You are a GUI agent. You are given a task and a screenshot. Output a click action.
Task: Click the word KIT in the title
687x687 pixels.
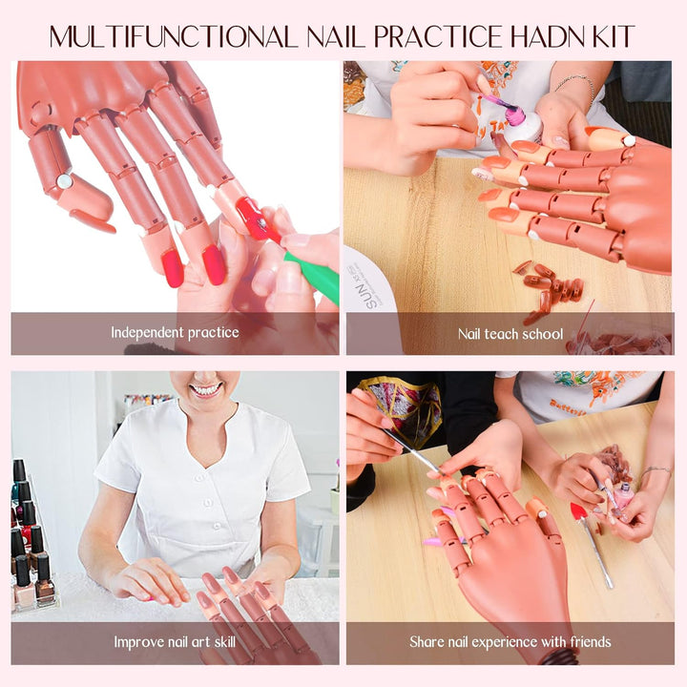[611, 36]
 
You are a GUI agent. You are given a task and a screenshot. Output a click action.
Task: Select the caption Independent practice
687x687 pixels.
[175, 333]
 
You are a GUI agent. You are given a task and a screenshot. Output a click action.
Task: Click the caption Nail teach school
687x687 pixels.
[510, 334]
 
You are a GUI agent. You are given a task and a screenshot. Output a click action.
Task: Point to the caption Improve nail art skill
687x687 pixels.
[175, 641]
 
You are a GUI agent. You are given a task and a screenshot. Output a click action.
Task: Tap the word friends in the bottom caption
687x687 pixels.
[584, 641]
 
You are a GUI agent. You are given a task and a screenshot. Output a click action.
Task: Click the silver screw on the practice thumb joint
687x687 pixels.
[64, 180]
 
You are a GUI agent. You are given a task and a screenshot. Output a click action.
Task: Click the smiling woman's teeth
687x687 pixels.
[205, 389]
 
